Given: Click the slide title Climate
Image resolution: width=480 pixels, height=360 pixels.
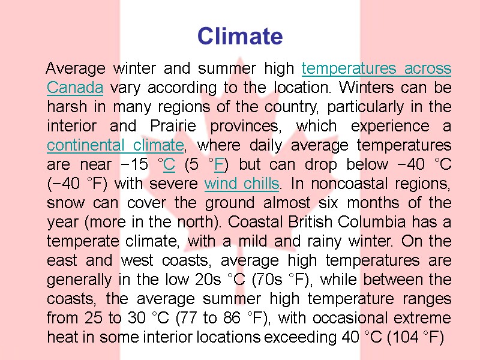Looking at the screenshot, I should [x=240, y=37].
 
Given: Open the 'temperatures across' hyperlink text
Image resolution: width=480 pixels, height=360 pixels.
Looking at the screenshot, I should [x=376, y=68].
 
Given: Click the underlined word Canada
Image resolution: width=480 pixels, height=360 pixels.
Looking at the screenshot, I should [x=75, y=88].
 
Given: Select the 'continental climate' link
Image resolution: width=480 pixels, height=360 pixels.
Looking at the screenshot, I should [x=115, y=145].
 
